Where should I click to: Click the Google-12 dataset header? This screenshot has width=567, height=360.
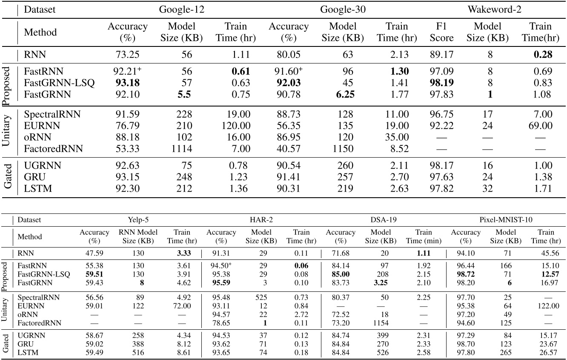(181, 9)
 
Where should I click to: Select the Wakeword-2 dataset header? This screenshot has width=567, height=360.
(493, 9)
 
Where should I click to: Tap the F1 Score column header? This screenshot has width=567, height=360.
(441, 32)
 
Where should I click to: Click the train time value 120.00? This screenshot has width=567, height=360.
(235, 126)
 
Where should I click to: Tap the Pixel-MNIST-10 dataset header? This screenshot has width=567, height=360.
(505, 220)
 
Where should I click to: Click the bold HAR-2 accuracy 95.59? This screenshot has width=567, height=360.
(220, 282)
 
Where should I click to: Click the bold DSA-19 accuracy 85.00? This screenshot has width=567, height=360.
(340, 274)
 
